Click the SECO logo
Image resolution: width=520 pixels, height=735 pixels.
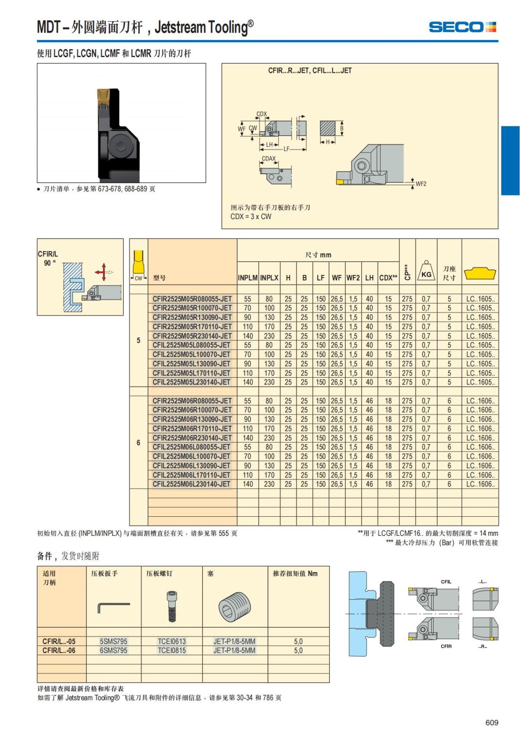(462, 27)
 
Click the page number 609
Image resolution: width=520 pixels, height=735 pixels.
(491, 722)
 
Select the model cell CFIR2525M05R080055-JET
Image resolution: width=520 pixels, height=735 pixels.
(192, 299)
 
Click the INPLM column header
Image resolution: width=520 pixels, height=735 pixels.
(247, 278)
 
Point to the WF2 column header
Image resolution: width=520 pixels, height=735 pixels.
(353, 278)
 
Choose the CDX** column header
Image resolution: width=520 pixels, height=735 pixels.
(388, 278)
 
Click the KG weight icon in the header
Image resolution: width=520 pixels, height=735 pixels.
(426, 272)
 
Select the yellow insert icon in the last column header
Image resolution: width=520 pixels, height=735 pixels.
(480, 274)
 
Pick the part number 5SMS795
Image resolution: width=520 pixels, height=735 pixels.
(114, 641)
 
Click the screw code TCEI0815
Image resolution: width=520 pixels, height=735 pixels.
(172, 650)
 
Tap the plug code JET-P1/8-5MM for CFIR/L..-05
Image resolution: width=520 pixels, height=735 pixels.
(234, 641)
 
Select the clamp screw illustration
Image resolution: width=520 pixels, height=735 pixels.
(172, 606)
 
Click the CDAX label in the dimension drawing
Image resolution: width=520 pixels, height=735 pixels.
(269, 159)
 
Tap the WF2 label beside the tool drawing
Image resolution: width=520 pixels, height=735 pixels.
(421, 184)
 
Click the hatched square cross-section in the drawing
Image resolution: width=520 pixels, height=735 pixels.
(328, 128)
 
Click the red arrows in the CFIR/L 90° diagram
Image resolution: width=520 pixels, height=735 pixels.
(102, 272)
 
